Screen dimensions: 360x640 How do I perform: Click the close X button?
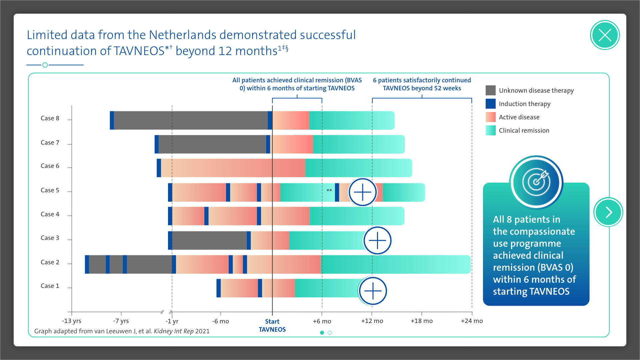(x=605, y=35)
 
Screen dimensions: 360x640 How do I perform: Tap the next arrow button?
(x=608, y=212)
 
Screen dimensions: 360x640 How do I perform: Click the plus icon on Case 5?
(x=362, y=192)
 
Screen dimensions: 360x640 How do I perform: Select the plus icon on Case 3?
(x=377, y=240)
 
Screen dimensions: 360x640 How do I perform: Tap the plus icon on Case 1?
(x=373, y=291)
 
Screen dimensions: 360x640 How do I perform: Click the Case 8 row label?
(x=50, y=118)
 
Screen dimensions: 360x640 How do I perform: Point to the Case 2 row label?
(x=50, y=262)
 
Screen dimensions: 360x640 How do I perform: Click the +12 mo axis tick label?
(x=372, y=321)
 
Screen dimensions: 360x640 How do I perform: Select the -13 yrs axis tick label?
(x=72, y=321)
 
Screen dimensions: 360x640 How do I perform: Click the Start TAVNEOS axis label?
(x=272, y=325)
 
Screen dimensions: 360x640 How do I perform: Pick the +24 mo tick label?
(x=472, y=321)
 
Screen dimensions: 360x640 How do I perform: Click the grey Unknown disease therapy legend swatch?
(x=491, y=90)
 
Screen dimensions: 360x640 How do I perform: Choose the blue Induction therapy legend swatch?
(x=491, y=104)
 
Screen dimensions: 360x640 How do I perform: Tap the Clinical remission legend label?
(x=524, y=131)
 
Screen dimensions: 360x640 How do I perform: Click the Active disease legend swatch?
(x=491, y=117)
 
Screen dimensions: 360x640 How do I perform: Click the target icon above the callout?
(x=536, y=182)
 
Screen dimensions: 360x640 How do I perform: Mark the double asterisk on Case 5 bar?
(x=329, y=191)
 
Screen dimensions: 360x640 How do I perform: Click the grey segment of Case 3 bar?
(x=209, y=240)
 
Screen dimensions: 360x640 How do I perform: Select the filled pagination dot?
(x=322, y=333)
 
